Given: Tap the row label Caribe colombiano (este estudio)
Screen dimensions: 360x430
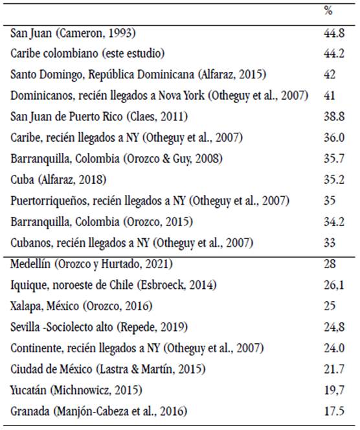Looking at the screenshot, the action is [x=87, y=53].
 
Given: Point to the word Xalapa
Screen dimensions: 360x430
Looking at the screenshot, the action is [x=27, y=306].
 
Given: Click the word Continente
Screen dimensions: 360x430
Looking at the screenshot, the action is [x=36, y=348].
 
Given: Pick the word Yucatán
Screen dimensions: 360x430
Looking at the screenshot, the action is [x=29, y=390].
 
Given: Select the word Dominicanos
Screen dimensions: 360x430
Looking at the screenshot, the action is [x=41, y=95].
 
